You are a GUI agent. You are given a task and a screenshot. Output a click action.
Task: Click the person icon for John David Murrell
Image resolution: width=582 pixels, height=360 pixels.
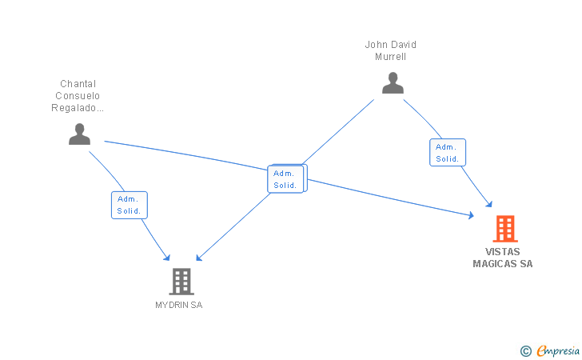[x=393, y=83]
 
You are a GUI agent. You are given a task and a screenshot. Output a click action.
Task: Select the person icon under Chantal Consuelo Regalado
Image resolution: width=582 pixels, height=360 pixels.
[x=79, y=134]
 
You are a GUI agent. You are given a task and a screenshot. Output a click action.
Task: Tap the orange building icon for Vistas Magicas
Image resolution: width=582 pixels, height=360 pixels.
[x=505, y=229]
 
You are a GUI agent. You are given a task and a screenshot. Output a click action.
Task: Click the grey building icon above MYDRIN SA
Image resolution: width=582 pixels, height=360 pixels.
[x=181, y=282]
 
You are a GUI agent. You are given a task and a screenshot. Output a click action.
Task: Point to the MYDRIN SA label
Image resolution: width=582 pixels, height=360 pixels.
[x=179, y=305]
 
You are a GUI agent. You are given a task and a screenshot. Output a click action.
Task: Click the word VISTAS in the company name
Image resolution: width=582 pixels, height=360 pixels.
[x=503, y=252]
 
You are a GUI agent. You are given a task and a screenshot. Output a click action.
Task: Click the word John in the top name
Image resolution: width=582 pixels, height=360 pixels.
[x=377, y=45]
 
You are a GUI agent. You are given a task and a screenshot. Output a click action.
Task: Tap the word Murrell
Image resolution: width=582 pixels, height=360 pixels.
[x=390, y=57]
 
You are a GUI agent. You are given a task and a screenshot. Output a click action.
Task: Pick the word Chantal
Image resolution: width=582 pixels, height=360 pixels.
[x=78, y=83]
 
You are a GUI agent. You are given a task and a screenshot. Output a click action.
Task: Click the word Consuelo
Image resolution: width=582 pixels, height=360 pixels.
[x=78, y=95]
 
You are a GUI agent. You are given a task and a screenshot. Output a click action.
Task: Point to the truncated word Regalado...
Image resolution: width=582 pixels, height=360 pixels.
[x=78, y=108]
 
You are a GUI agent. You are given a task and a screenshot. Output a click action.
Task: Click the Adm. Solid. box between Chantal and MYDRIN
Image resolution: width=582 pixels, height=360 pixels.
[x=130, y=205]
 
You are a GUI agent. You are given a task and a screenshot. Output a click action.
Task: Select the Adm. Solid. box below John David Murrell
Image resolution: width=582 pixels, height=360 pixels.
[x=448, y=152]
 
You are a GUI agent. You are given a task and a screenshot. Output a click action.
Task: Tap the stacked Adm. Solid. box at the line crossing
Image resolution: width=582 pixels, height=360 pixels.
[x=286, y=179]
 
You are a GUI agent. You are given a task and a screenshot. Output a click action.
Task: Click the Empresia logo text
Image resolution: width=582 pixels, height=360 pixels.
[x=558, y=350]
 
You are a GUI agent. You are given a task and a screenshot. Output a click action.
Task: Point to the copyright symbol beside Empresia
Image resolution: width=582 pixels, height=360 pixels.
[x=526, y=351]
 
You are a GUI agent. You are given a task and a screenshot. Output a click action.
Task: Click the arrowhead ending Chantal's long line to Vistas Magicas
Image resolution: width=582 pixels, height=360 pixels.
[x=472, y=215]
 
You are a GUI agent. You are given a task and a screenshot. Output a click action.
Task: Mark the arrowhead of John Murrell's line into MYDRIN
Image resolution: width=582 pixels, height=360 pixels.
[x=198, y=258]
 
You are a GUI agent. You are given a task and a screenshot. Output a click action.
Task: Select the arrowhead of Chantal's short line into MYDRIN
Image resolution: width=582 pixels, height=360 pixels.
[x=167, y=258]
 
